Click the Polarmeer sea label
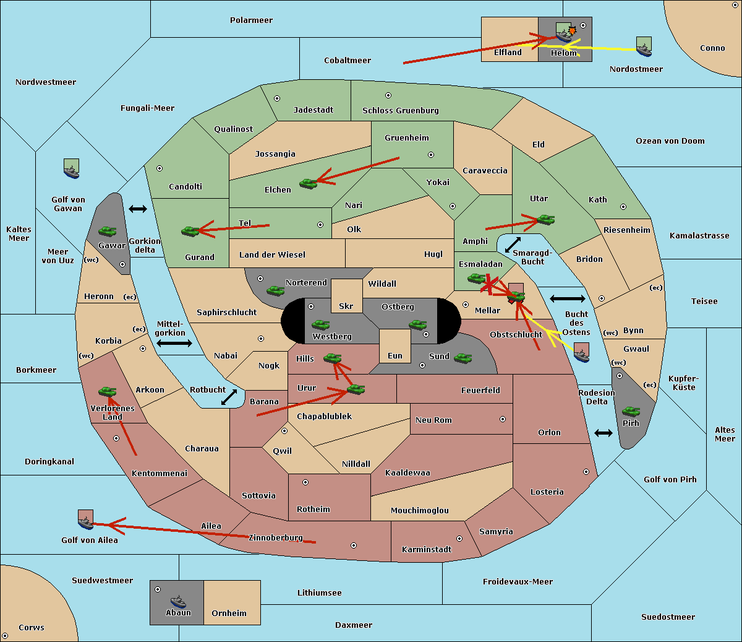pyautogui.click(x=251, y=20)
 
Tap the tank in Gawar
pyautogui.click(x=108, y=231)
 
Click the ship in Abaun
pyautogui.click(x=178, y=601)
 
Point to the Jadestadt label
pyautogui.click(x=313, y=110)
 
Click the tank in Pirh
pyautogui.click(x=631, y=411)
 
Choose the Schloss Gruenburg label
pyautogui.click(x=400, y=111)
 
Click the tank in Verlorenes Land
pyautogui.click(x=108, y=391)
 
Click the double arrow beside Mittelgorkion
pyautogui.click(x=174, y=343)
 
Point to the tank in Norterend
pyautogui.click(x=275, y=290)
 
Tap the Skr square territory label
pyautogui.click(x=346, y=306)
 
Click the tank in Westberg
pyautogui.click(x=320, y=324)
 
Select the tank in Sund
pyautogui.click(x=463, y=358)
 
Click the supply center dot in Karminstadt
pyautogui.click(x=459, y=539)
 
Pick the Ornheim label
pyautogui.click(x=229, y=614)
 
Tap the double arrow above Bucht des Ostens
pyautogui.click(x=567, y=299)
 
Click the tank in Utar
pyautogui.click(x=545, y=219)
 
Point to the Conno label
pyautogui.click(x=712, y=48)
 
